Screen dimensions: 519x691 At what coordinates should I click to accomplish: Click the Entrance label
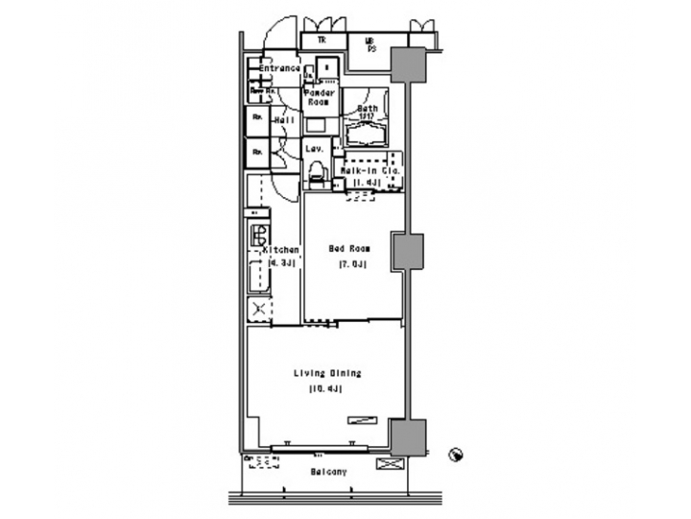coord(280,69)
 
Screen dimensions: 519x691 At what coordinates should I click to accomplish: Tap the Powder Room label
coord(319,97)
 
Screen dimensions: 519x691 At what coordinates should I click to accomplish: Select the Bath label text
coord(368,109)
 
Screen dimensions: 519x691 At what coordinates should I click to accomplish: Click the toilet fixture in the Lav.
coord(315,174)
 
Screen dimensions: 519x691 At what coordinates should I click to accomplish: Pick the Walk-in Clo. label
coord(369,171)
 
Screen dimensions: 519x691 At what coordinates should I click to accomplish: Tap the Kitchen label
coord(282,250)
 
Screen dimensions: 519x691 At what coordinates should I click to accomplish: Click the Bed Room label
coord(348,249)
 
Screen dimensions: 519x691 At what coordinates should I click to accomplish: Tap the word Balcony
coord(328,472)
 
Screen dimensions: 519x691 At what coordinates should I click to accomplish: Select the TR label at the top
coord(322,40)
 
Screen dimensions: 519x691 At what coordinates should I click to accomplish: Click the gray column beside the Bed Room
coord(407,252)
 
